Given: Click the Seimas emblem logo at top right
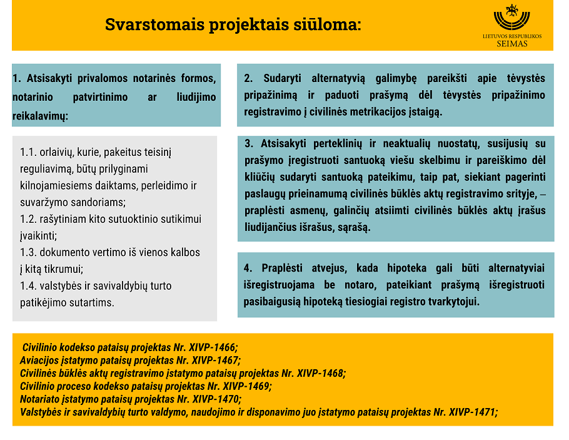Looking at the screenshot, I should (512, 17).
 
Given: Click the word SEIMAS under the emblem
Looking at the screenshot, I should (512, 44).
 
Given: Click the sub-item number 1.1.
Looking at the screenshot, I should (28, 152).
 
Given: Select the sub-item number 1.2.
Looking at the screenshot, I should (28, 219).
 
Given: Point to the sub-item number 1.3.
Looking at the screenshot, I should (28, 252).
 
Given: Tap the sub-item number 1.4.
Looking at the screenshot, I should (28, 286).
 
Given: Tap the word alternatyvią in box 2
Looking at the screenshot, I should (340, 78).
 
